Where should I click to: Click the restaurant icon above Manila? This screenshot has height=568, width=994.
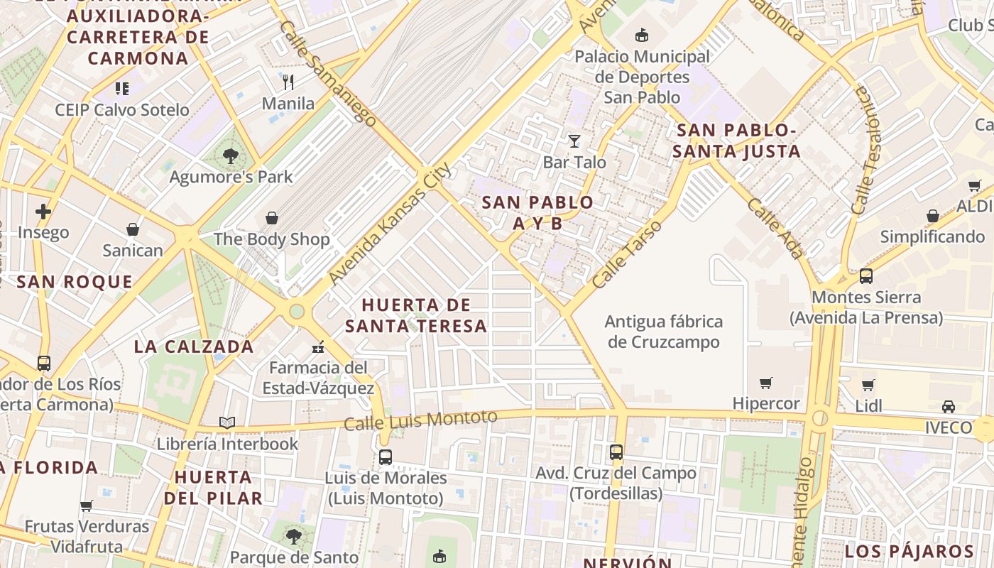tap(288, 82)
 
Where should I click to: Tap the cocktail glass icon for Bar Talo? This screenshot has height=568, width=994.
tap(574, 141)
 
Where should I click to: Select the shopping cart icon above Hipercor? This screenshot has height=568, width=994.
tap(765, 383)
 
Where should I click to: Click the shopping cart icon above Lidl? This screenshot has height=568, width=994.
tap(868, 386)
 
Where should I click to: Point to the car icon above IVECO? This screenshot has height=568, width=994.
tap(948, 407)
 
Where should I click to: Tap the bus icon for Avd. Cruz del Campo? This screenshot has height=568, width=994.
tap(616, 452)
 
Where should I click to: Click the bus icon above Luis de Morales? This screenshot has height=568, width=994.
tap(386, 457)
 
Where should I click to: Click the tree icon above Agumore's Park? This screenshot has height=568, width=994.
tap(230, 155)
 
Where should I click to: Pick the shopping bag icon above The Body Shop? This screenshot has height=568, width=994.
tap(271, 218)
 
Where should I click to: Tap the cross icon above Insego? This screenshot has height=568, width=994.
tap(43, 212)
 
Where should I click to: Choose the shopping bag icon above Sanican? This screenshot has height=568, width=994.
tap(133, 229)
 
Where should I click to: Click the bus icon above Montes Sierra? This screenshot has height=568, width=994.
tap(866, 276)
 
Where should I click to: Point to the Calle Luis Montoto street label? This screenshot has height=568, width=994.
tap(420, 420)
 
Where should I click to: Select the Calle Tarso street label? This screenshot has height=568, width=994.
tap(627, 253)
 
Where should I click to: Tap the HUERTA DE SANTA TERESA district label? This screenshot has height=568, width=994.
tap(416, 315)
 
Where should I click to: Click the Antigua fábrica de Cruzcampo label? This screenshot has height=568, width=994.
tap(663, 332)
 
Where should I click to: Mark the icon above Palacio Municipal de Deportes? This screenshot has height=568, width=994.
tap(642, 35)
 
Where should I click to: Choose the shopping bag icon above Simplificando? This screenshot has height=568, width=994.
tap(933, 216)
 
